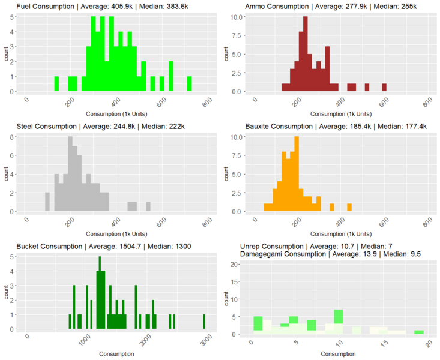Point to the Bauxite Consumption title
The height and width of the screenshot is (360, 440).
coord(333,127)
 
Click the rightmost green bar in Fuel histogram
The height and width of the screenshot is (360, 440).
coord(190,83)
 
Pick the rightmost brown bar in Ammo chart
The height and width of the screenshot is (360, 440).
coord(384,88)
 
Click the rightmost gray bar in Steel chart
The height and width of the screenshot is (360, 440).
coord(148,206)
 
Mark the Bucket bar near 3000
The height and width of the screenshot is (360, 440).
coord(203,322)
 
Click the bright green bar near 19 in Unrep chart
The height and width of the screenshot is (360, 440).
coord(418,332)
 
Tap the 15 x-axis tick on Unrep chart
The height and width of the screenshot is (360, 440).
coord(384,342)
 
